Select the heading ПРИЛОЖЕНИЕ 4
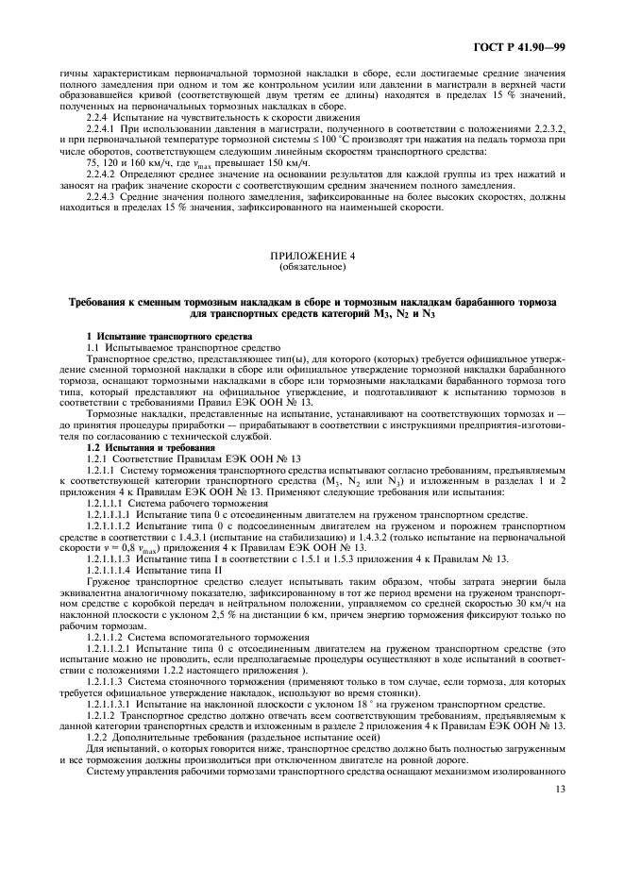[x=312, y=257]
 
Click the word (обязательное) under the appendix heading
[x=312, y=267]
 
